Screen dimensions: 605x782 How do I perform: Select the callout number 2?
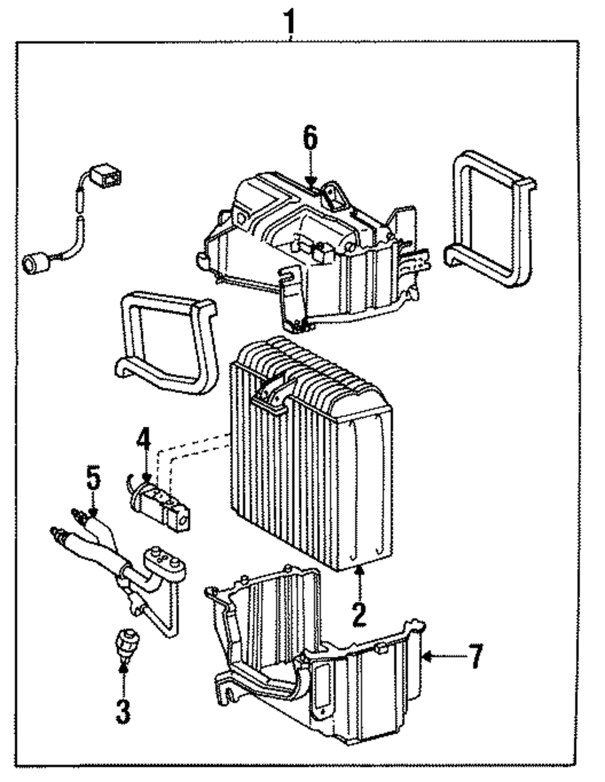(x=360, y=615)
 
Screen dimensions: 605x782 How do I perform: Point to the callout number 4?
(x=145, y=445)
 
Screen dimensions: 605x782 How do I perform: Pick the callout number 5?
(x=93, y=477)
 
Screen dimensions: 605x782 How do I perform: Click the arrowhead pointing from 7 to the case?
(x=427, y=656)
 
